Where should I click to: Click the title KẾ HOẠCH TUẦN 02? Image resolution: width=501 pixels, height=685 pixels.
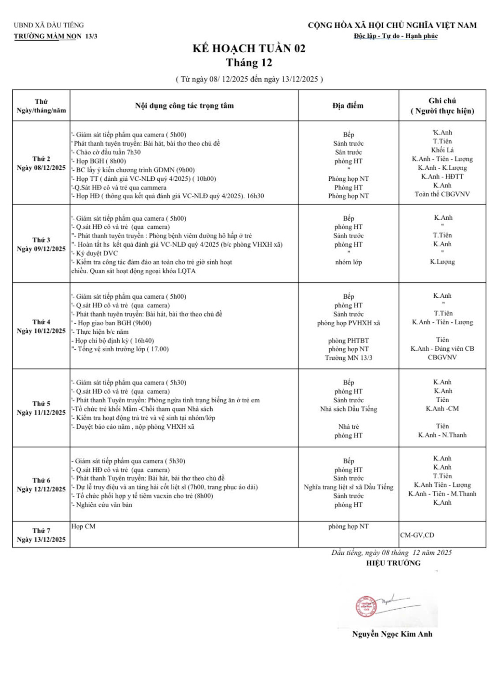click(249, 48)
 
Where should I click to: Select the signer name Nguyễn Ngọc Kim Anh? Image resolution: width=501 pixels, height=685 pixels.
click(392, 634)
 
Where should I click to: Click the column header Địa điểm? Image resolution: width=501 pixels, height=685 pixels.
click(348, 105)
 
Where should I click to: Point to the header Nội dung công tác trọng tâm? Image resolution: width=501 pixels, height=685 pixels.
click(184, 105)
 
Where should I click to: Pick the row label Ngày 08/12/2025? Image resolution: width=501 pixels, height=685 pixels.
click(41, 168)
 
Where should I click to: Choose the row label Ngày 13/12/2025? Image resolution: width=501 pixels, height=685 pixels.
click(41, 539)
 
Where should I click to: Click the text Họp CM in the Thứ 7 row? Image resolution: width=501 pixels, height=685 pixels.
click(83, 526)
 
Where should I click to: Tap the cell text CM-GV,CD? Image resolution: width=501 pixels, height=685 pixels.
click(417, 535)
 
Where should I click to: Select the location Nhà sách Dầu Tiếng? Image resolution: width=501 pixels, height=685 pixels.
click(349, 409)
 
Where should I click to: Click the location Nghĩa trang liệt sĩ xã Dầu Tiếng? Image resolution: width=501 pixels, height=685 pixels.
click(349, 487)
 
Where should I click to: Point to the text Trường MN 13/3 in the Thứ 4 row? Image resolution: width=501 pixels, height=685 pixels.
click(349, 358)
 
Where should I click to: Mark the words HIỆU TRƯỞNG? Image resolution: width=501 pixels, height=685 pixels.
click(393, 563)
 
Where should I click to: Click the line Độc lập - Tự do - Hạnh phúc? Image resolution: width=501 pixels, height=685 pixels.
click(396, 36)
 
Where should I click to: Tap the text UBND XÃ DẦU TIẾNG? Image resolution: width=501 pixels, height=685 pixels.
click(49, 25)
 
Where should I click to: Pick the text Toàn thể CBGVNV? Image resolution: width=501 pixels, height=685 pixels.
click(442, 194)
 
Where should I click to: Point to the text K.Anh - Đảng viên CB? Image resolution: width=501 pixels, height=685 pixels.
click(442, 348)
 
